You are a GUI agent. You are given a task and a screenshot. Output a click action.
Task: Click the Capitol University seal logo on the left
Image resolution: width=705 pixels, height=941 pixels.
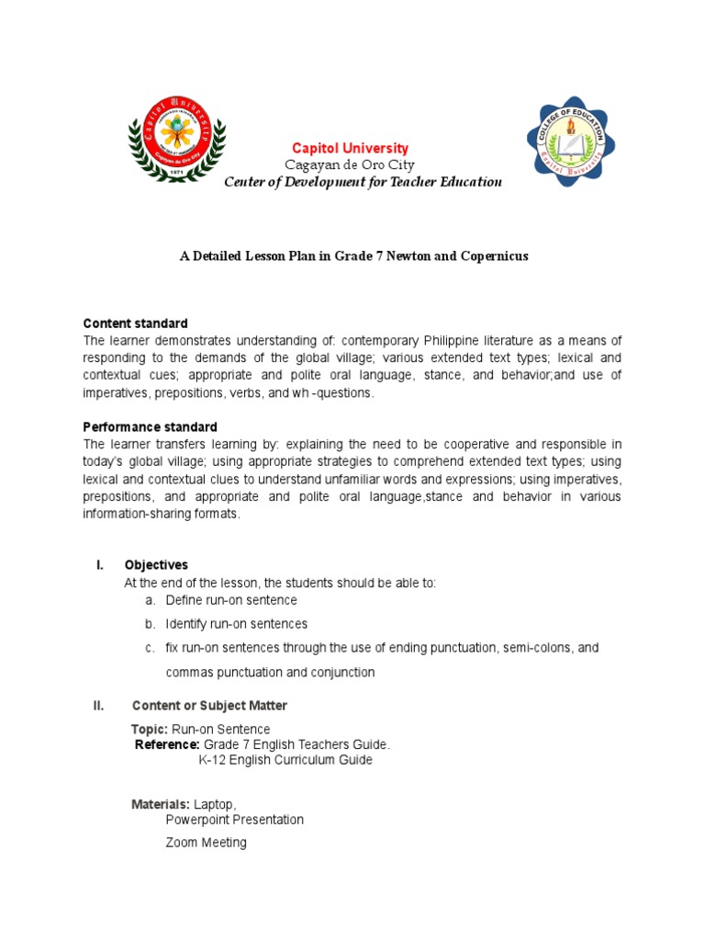coord(175,139)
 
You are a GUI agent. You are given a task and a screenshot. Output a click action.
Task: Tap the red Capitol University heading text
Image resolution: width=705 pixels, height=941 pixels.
coord(350,149)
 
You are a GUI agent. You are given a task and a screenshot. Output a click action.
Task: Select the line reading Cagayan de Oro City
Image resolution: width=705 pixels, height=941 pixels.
coord(350,165)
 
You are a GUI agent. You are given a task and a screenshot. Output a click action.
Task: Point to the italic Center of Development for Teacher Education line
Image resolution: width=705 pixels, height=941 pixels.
coord(364,182)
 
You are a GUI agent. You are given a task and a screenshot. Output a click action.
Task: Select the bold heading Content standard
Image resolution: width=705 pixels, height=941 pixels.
coord(135,323)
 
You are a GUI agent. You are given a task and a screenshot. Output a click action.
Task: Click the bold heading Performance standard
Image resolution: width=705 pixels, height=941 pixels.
coord(150,427)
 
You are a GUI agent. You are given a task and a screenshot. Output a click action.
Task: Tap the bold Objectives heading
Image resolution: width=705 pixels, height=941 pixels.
coord(156,565)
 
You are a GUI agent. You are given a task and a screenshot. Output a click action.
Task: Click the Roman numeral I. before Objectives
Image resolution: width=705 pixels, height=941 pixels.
coord(100,565)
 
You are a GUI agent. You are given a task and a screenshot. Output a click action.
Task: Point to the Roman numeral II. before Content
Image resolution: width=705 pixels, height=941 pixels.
coord(100,706)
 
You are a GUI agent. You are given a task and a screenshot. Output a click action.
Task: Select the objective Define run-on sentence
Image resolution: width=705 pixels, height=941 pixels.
coord(231,600)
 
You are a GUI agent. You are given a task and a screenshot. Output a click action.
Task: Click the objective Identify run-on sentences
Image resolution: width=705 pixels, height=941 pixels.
coord(237,624)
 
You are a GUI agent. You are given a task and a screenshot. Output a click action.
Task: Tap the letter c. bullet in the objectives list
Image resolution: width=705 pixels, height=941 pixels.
coord(150,648)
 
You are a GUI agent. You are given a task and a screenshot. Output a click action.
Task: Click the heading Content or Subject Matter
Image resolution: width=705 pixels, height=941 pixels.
coord(209,706)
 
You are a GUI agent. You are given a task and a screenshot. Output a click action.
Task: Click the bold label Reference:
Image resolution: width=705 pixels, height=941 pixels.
coord(167,744)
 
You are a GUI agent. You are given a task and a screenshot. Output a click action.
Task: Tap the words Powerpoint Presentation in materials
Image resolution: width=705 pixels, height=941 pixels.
coord(235,820)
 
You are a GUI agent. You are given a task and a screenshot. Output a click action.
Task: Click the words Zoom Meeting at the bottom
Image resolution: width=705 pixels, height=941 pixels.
coord(206,842)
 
